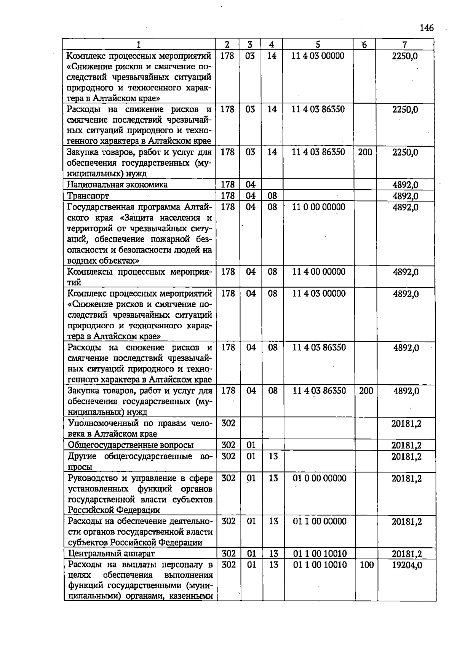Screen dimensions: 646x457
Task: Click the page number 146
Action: click(427, 28)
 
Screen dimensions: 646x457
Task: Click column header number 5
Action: click(318, 45)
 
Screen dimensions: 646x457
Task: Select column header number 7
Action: click(404, 45)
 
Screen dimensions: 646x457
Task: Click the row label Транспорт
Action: click(88, 196)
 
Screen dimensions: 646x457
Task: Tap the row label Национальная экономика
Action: click(117, 185)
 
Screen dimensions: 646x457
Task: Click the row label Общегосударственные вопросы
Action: click(131, 445)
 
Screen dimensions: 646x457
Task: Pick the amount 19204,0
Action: click(407, 565)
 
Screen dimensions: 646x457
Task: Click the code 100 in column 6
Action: click(366, 565)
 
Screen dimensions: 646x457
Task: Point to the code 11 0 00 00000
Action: click(318, 207)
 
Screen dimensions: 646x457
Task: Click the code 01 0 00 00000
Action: click(320, 478)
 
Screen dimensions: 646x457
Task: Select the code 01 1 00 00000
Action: click(320, 521)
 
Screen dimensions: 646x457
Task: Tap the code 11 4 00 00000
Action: click(319, 272)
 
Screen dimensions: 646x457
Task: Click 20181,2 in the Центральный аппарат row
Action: click(406, 554)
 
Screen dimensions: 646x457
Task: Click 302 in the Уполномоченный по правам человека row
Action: click(228, 423)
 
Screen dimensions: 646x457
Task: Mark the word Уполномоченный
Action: click(98, 423)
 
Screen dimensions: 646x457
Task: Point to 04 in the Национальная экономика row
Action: click(250, 185)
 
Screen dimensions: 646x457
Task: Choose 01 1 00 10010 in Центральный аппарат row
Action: click(320, 554)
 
